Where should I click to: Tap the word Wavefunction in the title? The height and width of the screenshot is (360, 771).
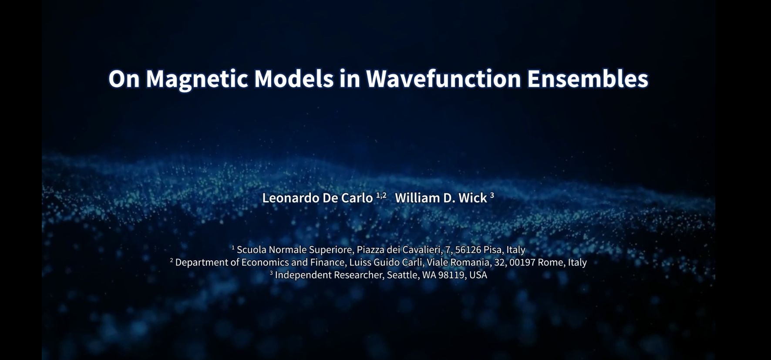pos(444,79)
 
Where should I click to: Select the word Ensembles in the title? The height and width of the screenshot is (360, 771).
pos(588,79)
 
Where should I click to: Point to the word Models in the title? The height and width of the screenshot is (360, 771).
pos(294,79)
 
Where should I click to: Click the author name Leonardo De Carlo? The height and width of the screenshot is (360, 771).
pos(317,198)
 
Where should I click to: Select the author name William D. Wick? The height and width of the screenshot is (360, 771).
pos(441,198)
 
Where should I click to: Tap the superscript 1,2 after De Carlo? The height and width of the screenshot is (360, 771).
pos(381,195)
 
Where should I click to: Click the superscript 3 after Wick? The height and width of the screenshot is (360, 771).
pos(492,195)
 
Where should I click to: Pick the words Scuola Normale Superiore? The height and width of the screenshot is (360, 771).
pos(294,250)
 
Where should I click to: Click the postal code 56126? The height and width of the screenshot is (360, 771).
pos(468,250)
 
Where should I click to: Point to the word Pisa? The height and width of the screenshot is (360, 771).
pos(492,250)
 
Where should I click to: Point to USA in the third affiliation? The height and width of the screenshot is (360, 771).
pos(478,275)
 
